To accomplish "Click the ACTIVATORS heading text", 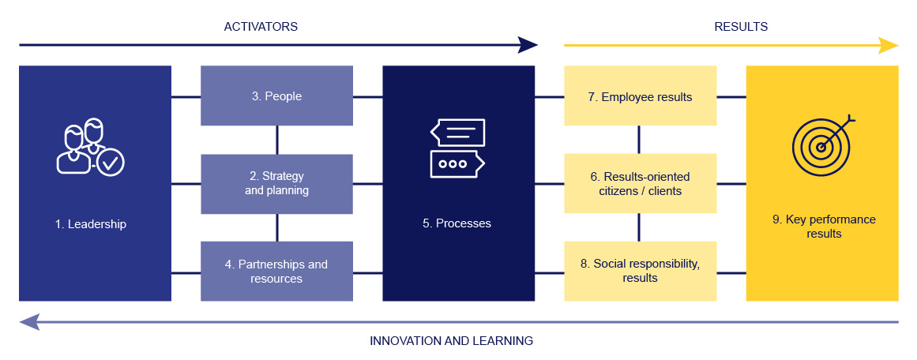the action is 261,27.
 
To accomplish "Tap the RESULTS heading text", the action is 741,27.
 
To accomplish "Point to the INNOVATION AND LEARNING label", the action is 452,341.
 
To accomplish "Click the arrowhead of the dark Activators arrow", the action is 528,45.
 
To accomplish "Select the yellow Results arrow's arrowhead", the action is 889,45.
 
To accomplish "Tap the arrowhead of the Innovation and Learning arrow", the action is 29,322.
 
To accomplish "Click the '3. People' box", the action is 276,96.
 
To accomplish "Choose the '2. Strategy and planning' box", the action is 276,183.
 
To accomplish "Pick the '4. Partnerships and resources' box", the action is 276,271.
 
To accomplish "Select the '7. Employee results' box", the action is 641,96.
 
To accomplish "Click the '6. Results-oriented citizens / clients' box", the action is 641,183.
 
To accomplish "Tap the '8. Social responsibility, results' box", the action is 641,271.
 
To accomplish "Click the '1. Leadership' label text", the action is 91,224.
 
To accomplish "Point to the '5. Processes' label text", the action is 457,223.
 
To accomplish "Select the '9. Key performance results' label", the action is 824,227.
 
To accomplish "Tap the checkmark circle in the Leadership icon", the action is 111,161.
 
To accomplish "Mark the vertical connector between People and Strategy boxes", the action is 276,140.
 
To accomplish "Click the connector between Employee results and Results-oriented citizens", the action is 639,140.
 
